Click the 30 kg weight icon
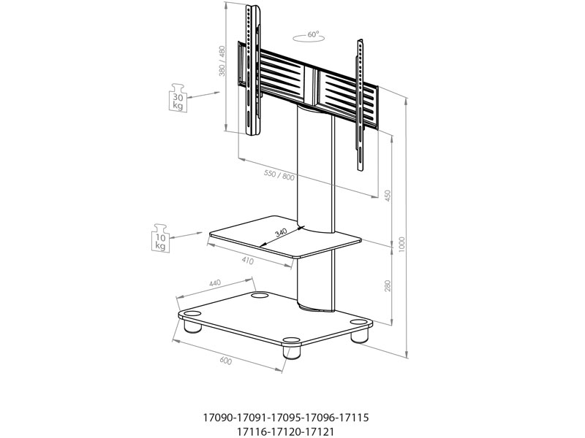(178, 97)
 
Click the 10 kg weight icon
(160, 238)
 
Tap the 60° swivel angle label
(314, 34)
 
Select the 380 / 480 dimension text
(222, 61)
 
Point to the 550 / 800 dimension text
(279, 174)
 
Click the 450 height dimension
(388, 196)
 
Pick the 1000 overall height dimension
(401, 244)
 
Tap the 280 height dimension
(388, 285)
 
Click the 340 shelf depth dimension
(281, 233)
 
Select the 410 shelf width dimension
(247, 261)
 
